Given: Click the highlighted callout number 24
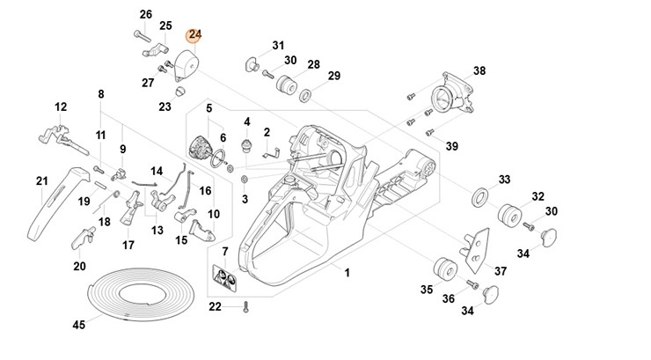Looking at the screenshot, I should [194, 34].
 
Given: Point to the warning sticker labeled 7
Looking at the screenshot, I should [225, 278].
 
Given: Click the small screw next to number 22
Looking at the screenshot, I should [247, 306].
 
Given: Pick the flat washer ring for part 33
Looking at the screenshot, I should [480, 195].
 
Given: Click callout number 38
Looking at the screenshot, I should [479, 70].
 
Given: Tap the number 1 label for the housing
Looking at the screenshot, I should [347, 274].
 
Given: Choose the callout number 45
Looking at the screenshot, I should [78, 325].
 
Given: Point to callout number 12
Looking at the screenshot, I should [60, 107].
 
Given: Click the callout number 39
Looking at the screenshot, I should [451, 145].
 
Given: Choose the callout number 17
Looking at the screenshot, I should [128, 245].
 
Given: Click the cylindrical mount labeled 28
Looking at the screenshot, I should [285, 85].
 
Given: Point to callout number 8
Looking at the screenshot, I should [101, 93].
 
